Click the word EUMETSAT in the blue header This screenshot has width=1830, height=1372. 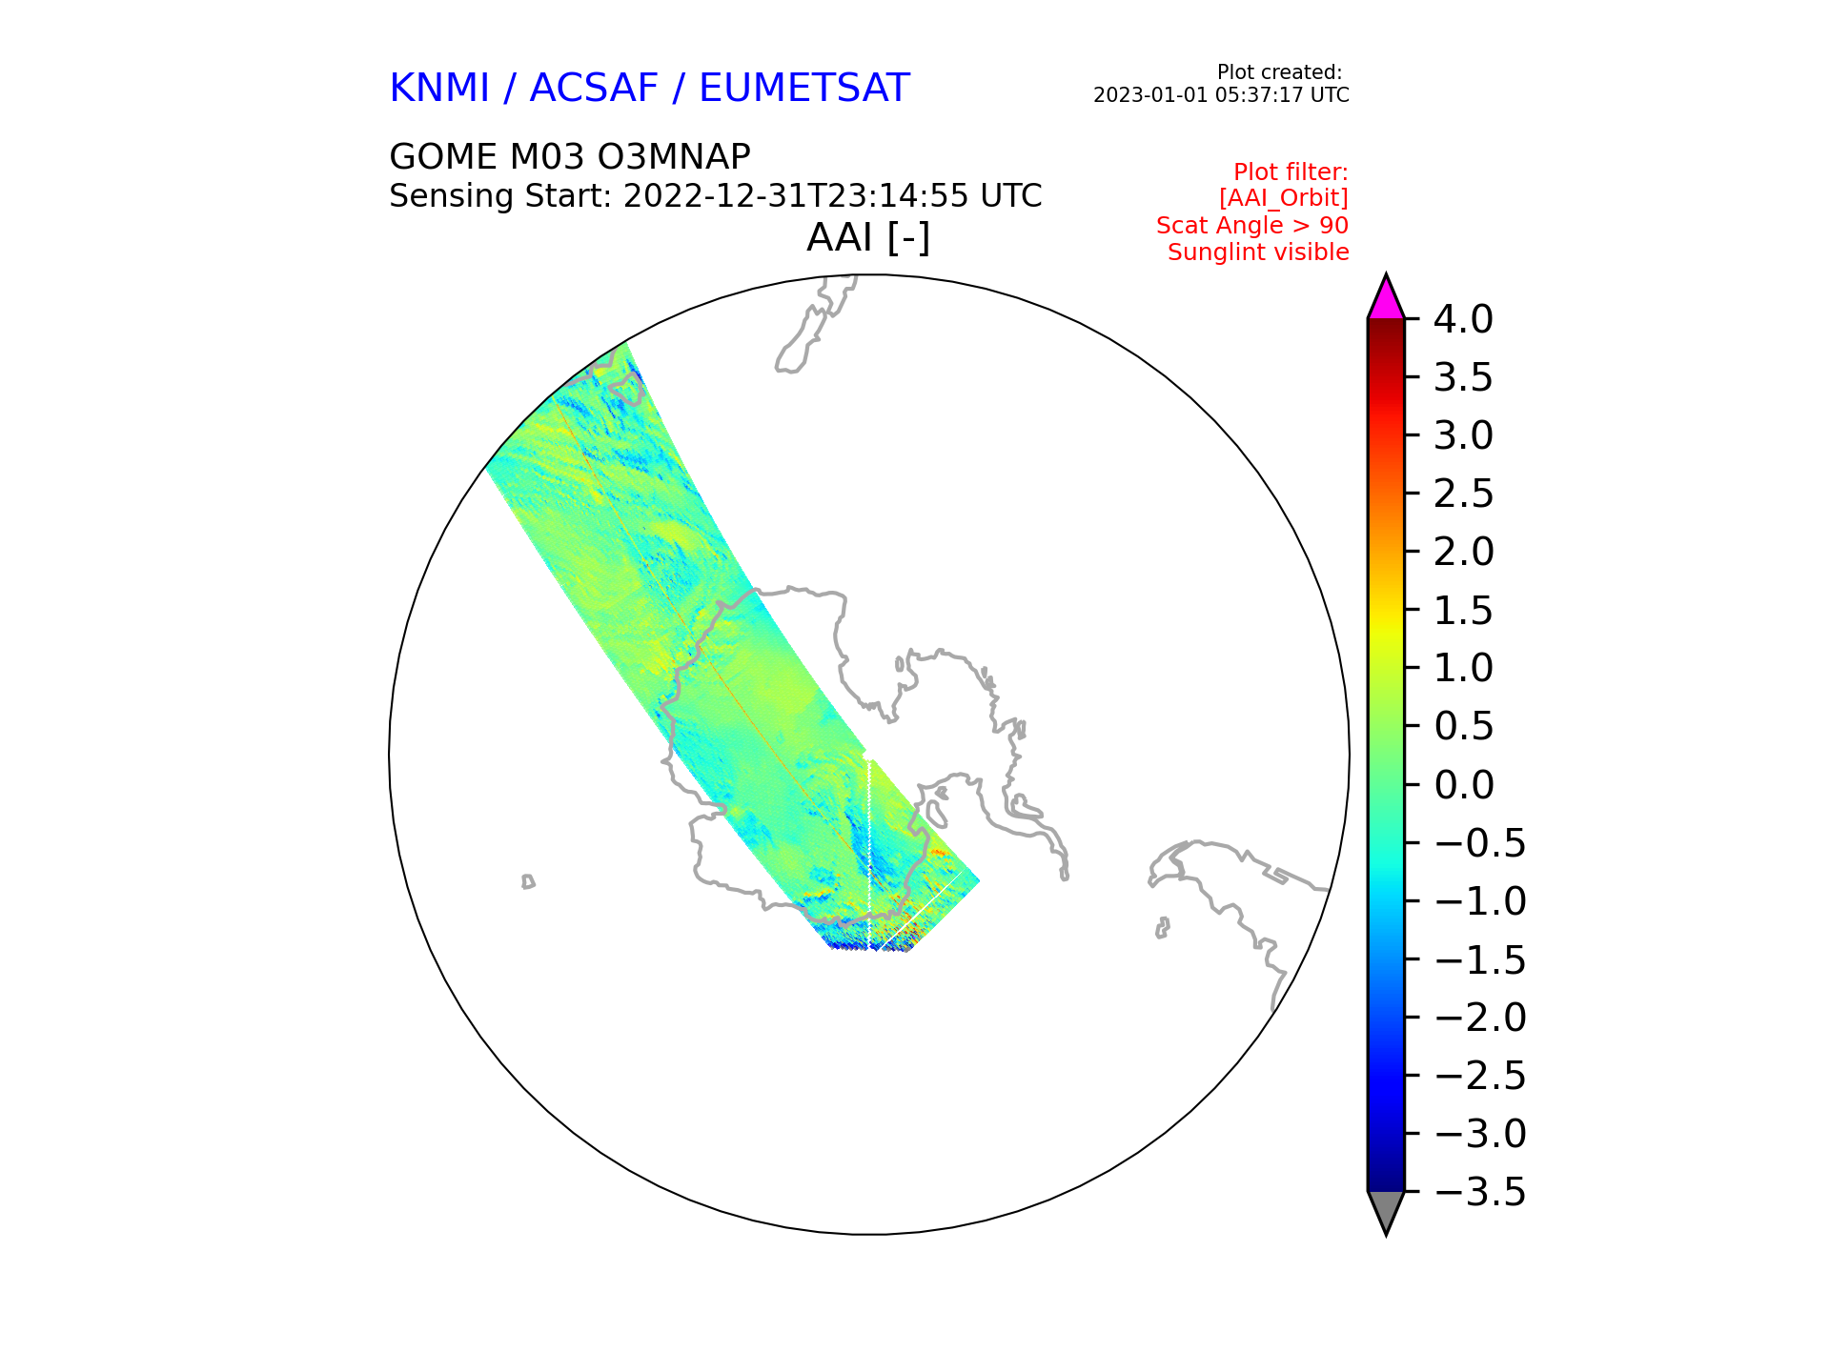(804, 89)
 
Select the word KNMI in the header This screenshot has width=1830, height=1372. (439, 89)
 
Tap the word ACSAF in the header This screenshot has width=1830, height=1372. (594, 89)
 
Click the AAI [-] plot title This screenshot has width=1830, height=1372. (868, 238)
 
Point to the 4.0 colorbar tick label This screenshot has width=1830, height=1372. (1463, 320)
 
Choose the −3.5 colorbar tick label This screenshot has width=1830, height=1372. (1480, 1192)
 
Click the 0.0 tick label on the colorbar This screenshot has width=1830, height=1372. (1463, 785)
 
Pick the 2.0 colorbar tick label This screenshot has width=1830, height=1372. (1463, 553)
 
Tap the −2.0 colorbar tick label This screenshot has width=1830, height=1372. (1480, 1018)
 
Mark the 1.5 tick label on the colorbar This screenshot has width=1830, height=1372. (1463, 611)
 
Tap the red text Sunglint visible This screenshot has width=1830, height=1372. (1258, 252)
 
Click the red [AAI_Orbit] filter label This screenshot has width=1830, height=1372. (1284, 198)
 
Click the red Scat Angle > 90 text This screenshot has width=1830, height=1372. (1252, 226)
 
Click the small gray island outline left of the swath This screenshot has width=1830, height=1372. (528, 881)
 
